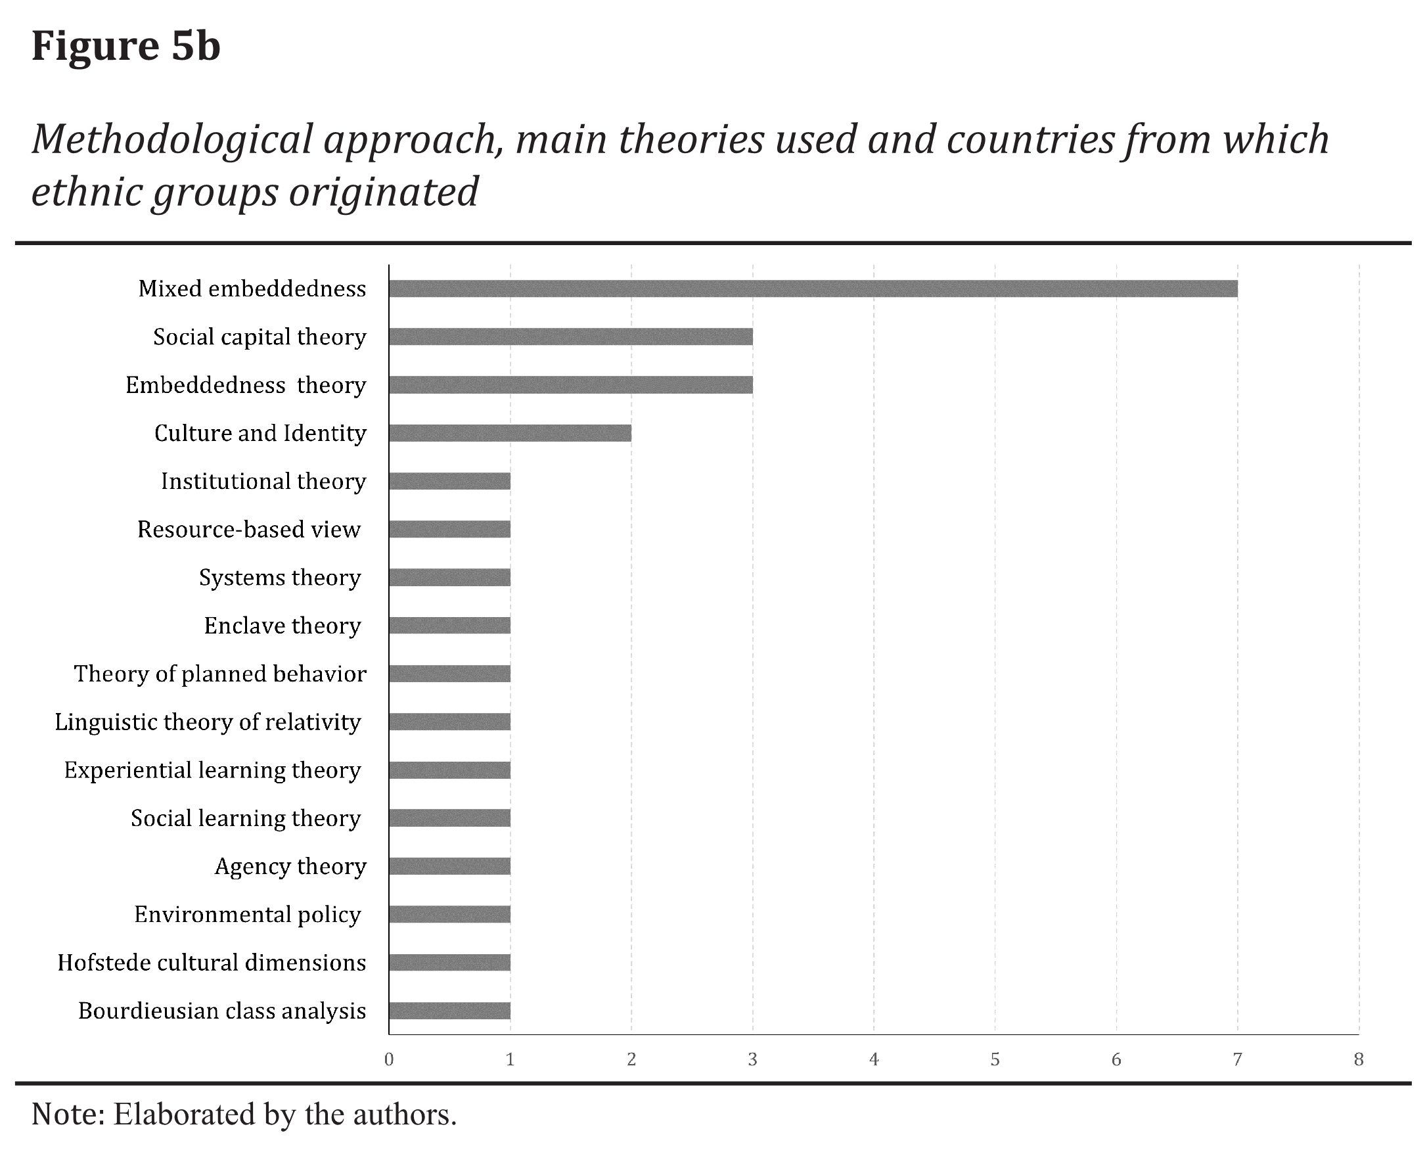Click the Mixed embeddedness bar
(813, 288)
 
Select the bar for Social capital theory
(570, 336)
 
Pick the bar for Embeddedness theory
(570, 385)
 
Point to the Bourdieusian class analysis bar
(449, 1011)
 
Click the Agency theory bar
(449, 866)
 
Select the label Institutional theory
(263, 481)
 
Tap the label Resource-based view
(248, 529)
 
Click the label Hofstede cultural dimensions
(212, 963)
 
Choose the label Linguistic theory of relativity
(208, 722)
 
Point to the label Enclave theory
(282, 626)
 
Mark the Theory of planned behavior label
(220, 674)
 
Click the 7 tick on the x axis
(1237, 1059)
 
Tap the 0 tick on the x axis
(389, 1059)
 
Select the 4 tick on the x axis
(873, 1059)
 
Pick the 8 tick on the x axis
(1359, 1059)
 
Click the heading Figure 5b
(125, 47)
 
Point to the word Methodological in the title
(172, 140)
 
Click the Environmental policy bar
(449, 914)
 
